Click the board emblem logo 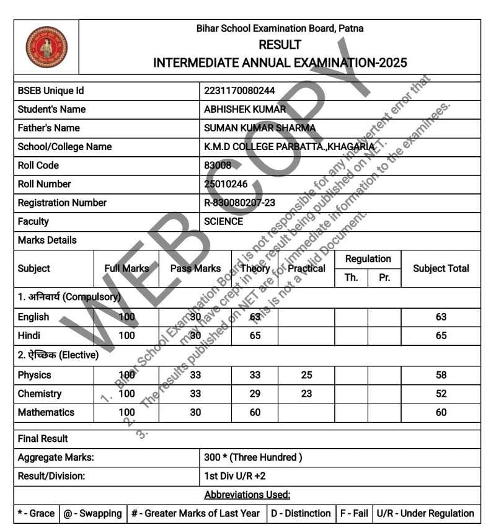click(46, 47)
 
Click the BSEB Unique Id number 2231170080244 click(239, 91)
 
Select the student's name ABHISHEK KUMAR click(245, 109)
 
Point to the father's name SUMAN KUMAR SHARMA click(260, 128)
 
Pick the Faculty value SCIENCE click(224, 221)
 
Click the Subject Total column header click(441, 268)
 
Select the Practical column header click(306, 268)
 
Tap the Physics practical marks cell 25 click(306, 375)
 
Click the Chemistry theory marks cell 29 click(255, 394)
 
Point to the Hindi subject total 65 click(441, 335)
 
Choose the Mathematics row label click(46, 412)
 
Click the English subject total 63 click(441, 317)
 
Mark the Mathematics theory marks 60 click(255, 412)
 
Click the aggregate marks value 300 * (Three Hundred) click(253, 457)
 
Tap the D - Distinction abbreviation click(301, 513)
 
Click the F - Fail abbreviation click(354, 513)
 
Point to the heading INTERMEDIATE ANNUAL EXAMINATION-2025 click(280, 63)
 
